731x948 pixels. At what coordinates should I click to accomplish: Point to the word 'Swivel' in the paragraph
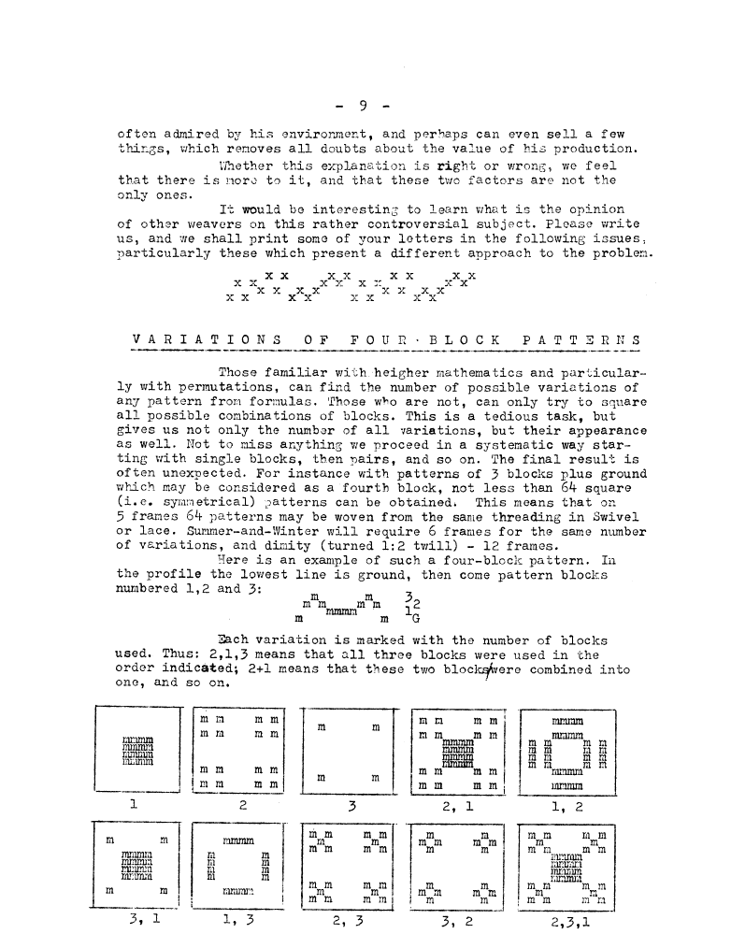click(614, 516)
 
